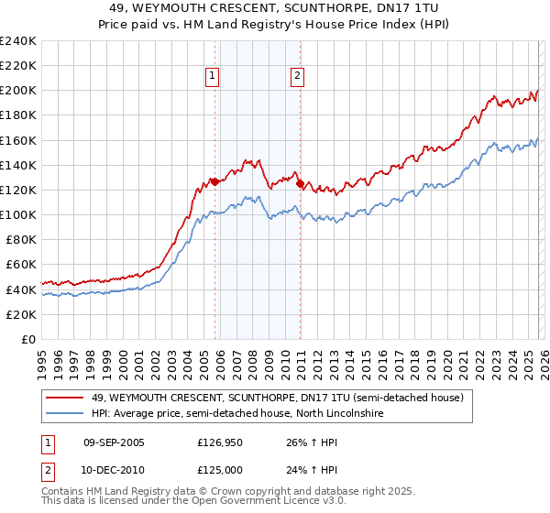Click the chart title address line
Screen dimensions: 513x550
click(x=275, y=7)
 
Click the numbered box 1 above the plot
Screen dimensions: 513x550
click(x=213, y=77)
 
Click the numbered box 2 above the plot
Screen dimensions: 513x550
click(x=298, y=77)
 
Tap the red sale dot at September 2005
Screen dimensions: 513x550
click(x=214, y=181)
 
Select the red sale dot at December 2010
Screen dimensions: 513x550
click(x=300, y=183)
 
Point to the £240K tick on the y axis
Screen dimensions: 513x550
click(x=18, y=41)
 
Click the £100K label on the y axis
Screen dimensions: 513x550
click(x=18, y=214)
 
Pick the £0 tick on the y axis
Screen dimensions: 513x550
click(x=29, y=339)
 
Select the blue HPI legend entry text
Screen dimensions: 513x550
click(x=236, y=414)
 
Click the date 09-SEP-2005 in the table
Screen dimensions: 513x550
click(x=114, y=442)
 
